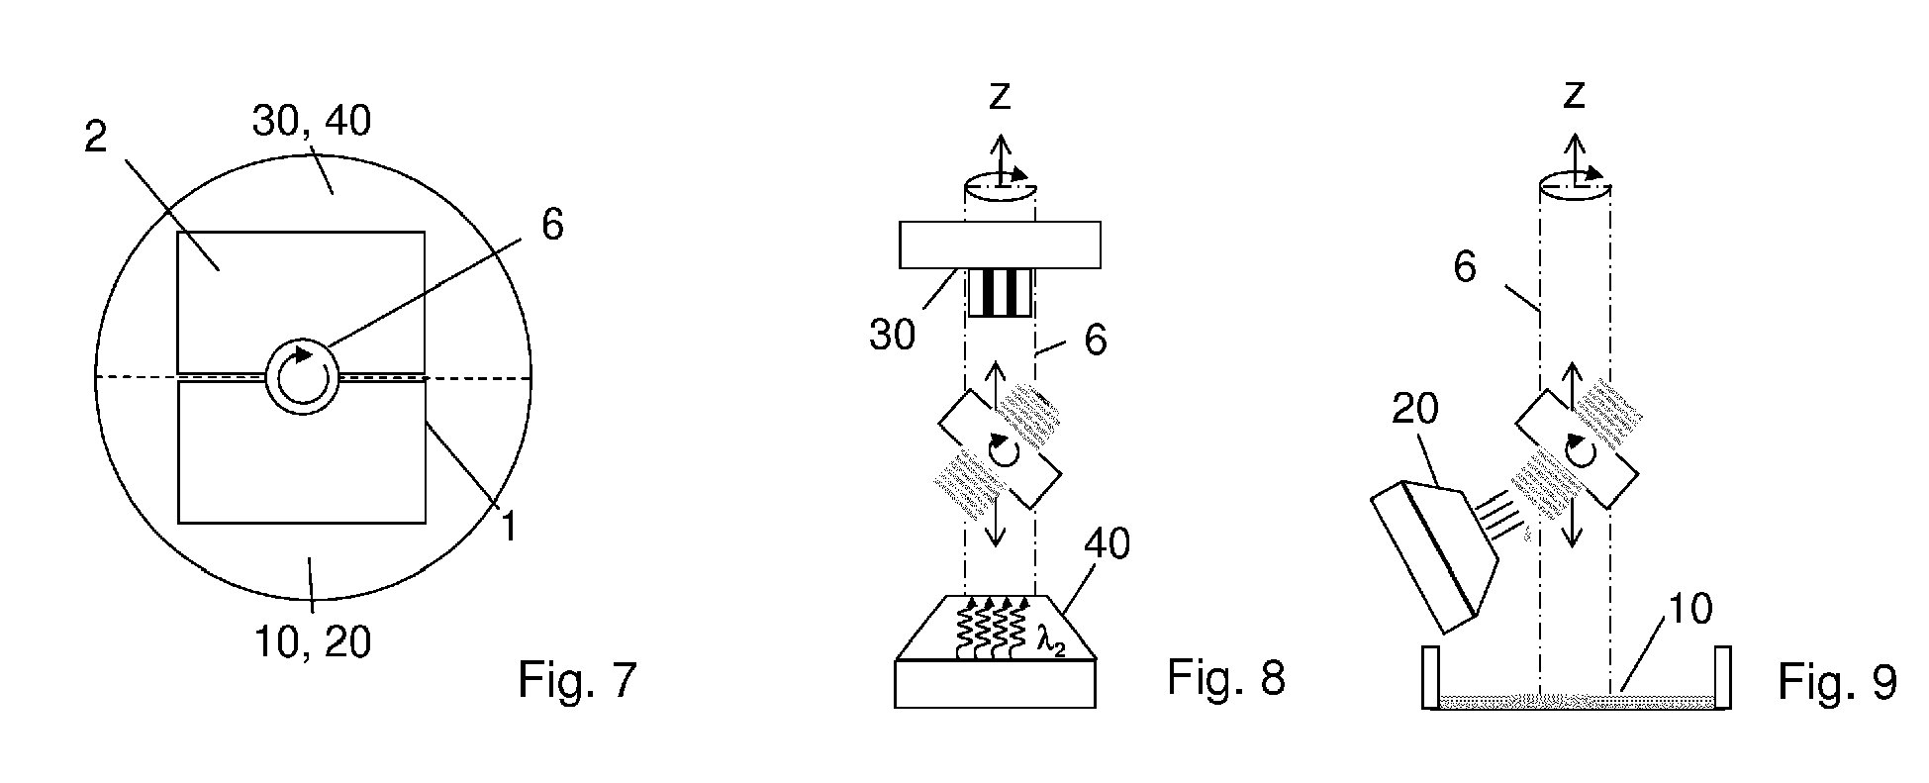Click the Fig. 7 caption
pyautogui.click(x=578, y=680)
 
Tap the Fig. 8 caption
pyautogui.click(x=1226, y=678)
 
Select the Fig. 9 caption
pyautogui.click(x=1837, y=682)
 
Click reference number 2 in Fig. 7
pyautogui.click(x=95, y=137)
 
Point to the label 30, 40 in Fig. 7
pyautogui.click(x=312, y=121)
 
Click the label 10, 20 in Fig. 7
pyautogui.click(x=313, y=642)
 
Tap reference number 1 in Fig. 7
pyautogui.click(x=508, y=526)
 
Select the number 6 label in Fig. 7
pyautogui.click(x=552, y=225)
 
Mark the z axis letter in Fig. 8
pyautogui.click(x=1001, y=96)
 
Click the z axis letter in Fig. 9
pyautogui.click(x=1574, y=96)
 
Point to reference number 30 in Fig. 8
pyautogui.click(x=893, y=336)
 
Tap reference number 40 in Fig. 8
pyautogui.click(x=1108, y=543)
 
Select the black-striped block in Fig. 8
pyautogui.click(x=1000, y=292)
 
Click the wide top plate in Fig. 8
pyautogui.click(x=1000, y=245)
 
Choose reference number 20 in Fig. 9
pyautogui.click(x=1414, y=409)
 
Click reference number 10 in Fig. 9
pyautogui.click(x=1689, y=610)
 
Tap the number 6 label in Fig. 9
pyautogui.click(x=1466, y=268)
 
